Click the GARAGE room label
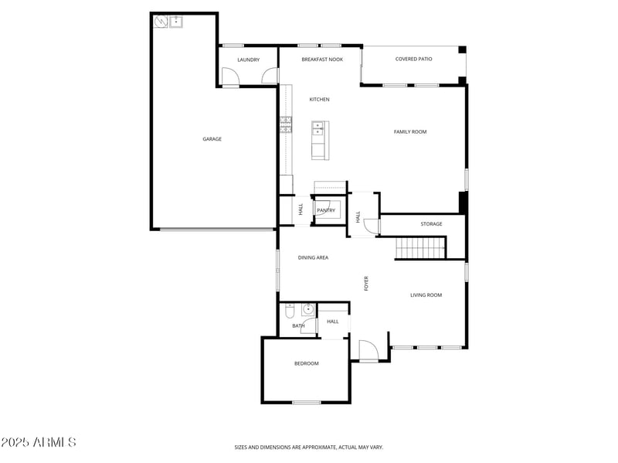pyautogui.click(x=212, y=139)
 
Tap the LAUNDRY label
pyautogui.click(x=248, y=60)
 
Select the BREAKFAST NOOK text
pyautogui.click(x=322, y=60)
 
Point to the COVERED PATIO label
pyautogui.click(x=413, y=59)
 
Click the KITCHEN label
pyautogui.click(x=319, y=100)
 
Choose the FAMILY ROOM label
pyautogui.click(x=410, y=132)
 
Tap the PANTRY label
pyautogui.click(x=325, y=210)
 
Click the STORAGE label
pyautogui.click(x=431, y=224)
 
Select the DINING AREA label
pyautogui.click(x=313, y=257)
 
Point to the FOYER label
pyautogui.click(x=367, y=283)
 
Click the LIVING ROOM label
pyautogui.click(x=426, y=294)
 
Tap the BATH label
pyautogui.click(x=298, y=325)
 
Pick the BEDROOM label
pyautogui.click(x=306, y=363)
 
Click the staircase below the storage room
pyautogui.click(x=421, y=248)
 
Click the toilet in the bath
pyautogui.click(x=290, y=311)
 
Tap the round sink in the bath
pyautogui.click(x=307, y=310)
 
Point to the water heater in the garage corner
pyautogui.click(x=161, y=22)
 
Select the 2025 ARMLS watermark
pyautogui.click(x=39, y=442)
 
